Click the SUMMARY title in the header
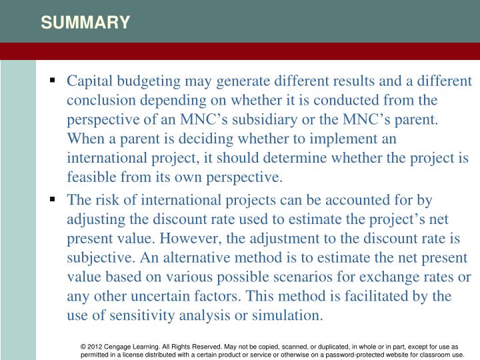[x=85, y=23]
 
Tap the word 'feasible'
[x=89, y=178]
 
